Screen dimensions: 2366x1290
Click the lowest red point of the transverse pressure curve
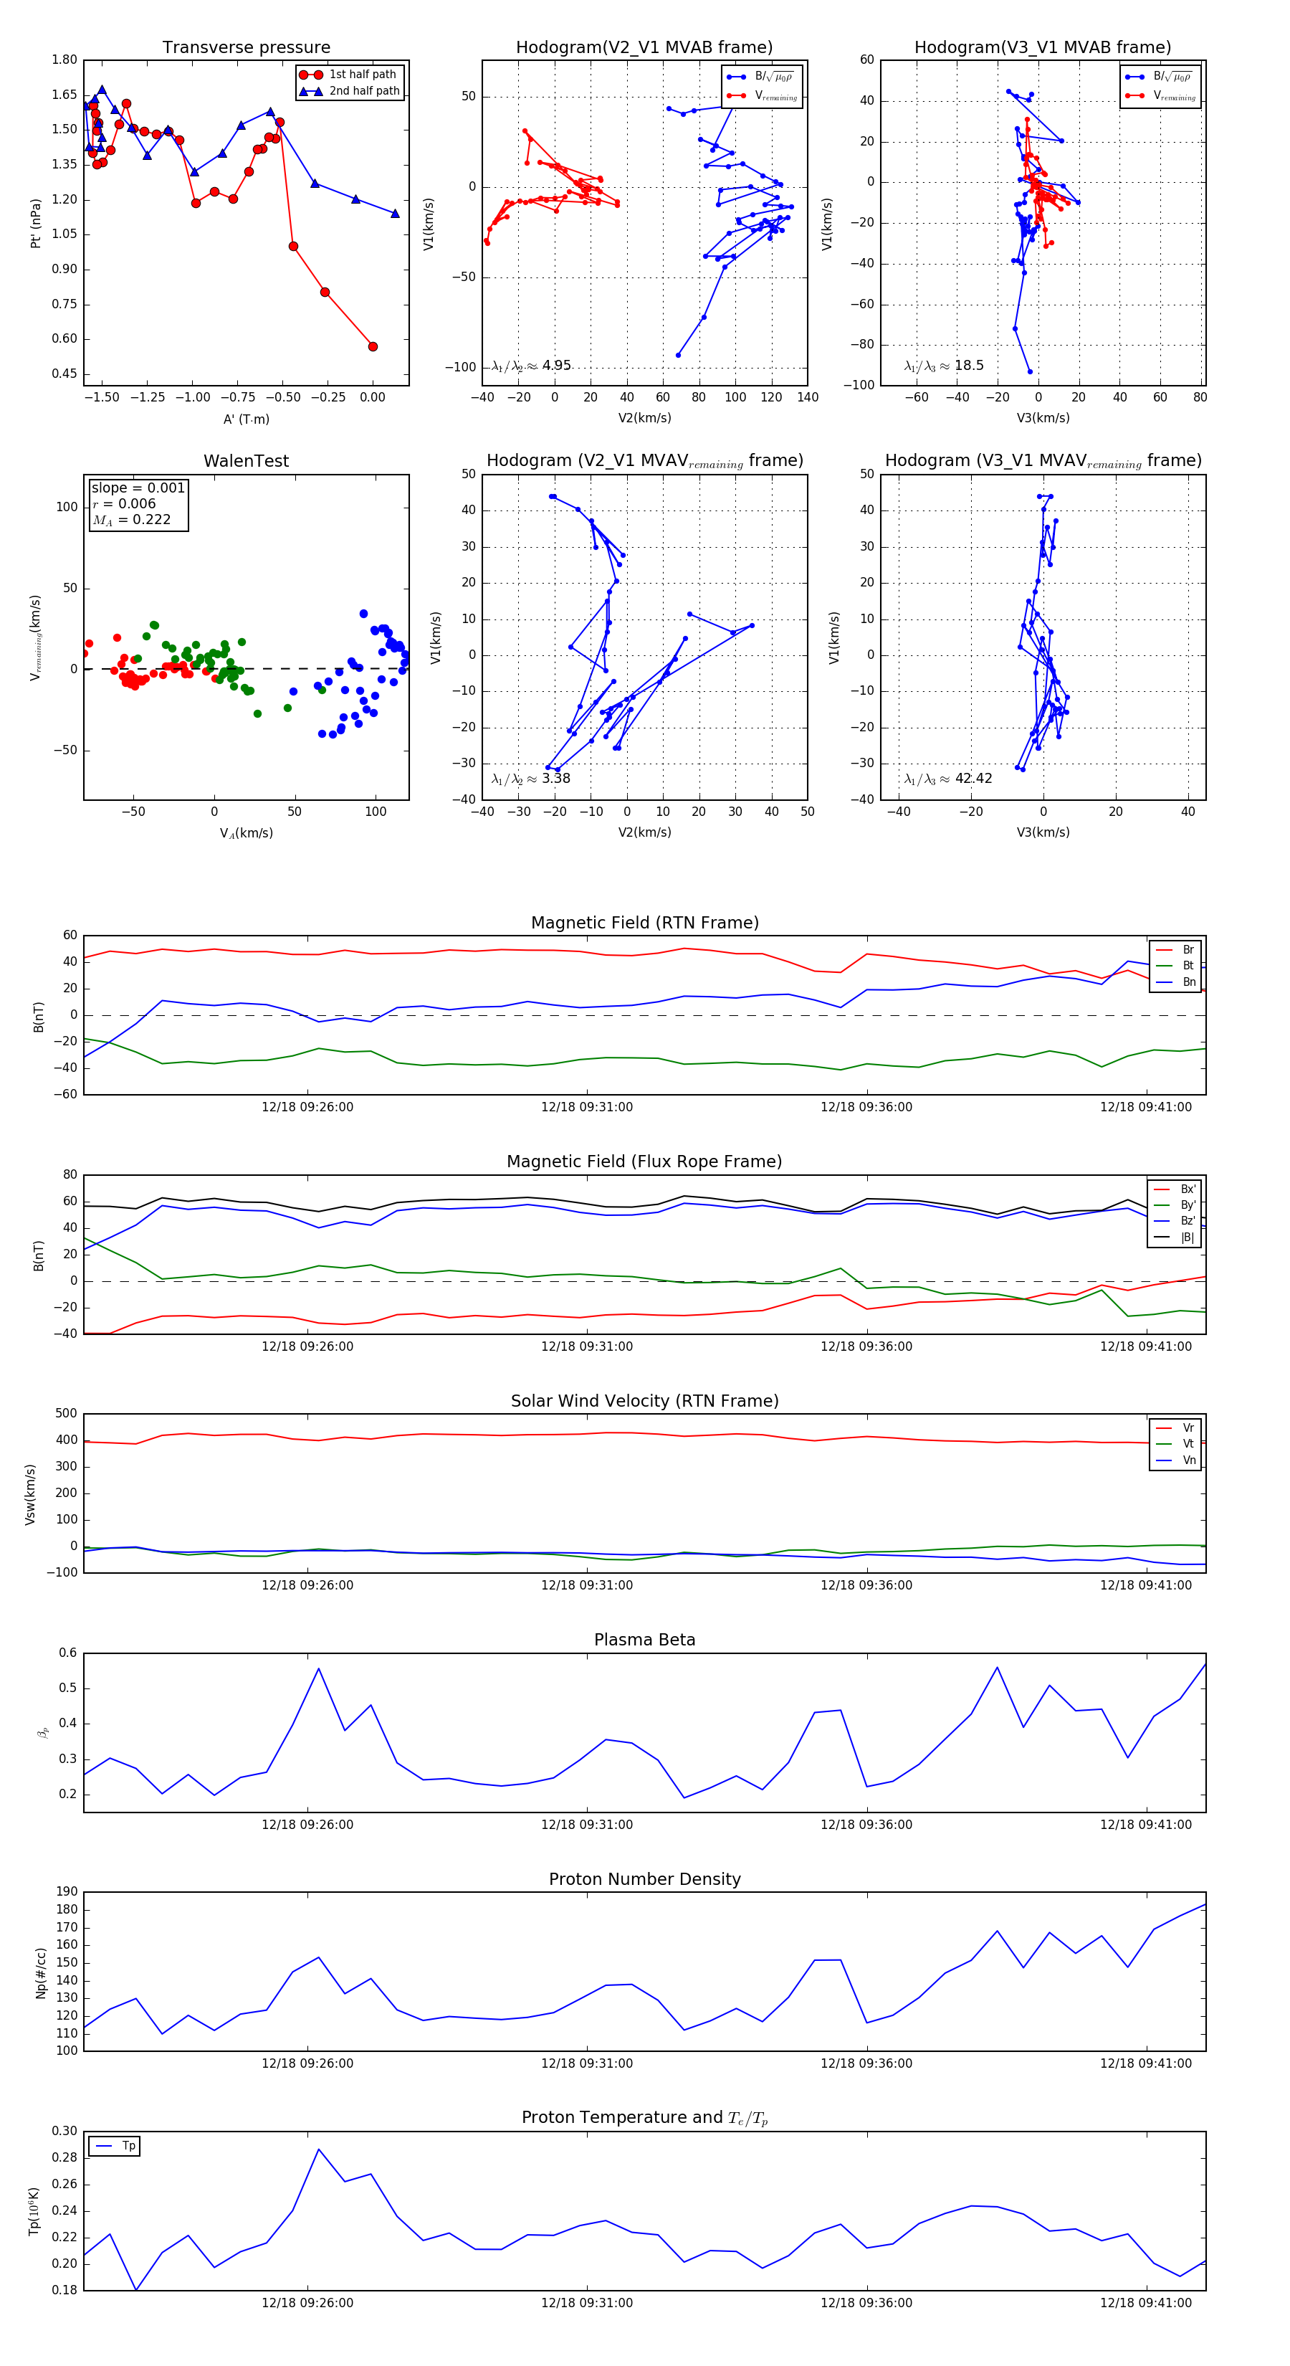tap(373, 346)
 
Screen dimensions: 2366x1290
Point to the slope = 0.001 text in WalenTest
tap(138, 488)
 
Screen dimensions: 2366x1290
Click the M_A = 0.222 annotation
tap(131, 520)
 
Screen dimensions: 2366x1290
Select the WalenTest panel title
tap(246, 461)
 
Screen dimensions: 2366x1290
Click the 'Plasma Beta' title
tap(644, 1640)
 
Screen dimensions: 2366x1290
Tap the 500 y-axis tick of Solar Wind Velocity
tap(66, 1414)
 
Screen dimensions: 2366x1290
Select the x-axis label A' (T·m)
tap(246, 419)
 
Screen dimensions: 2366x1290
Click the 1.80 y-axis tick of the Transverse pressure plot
tap(64, 60)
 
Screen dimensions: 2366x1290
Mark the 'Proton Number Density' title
tap(644, 1878)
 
